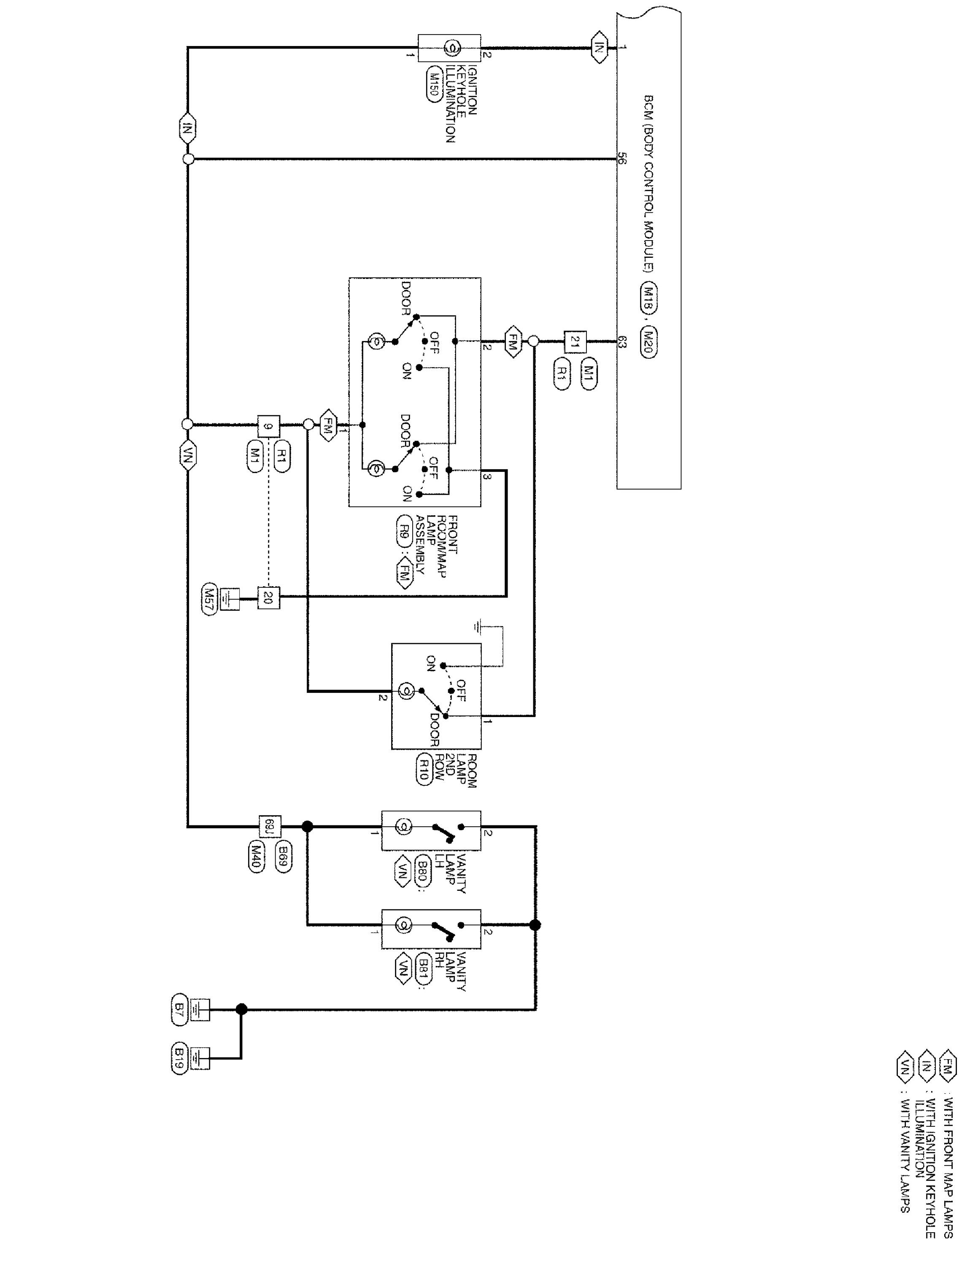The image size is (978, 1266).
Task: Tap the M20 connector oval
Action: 649,344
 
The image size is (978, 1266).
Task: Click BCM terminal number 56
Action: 621,158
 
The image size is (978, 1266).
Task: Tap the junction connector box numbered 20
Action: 268,598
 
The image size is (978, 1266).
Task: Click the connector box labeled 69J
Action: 268,825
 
